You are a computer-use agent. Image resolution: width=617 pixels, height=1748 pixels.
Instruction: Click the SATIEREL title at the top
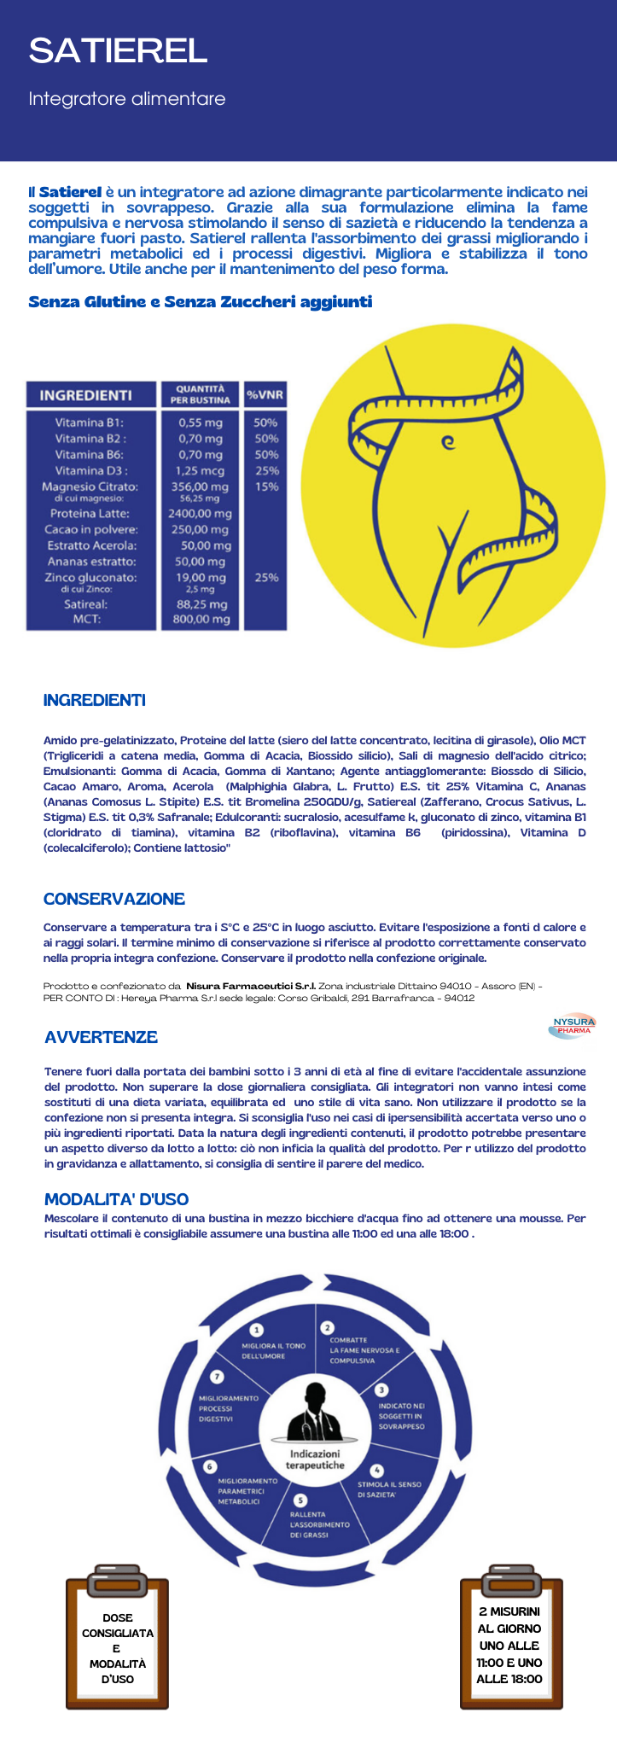tap(118, 51)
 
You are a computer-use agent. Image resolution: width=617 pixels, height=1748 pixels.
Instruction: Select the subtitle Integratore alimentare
tap(126, 100)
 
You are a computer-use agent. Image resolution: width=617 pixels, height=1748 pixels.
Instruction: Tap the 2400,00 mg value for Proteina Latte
tap(201, 514)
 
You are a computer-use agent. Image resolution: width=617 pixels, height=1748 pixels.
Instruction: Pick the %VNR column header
tap(265, 395)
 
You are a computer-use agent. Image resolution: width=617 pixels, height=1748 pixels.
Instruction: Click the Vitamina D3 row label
tap(91, 470)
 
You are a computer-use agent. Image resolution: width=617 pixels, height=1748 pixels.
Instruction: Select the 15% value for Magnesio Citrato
tap(266, 487)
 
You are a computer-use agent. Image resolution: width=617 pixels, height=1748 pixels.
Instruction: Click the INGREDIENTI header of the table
tap(85, 395)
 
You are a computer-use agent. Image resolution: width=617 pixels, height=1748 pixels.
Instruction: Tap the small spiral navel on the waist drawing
tap(446, 442)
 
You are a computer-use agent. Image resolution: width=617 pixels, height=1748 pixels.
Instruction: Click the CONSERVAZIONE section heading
tap(114, 899)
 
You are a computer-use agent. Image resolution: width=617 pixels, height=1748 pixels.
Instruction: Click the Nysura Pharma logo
tap(573, 1026)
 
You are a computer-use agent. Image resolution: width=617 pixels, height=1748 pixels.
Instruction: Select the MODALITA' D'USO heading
tap(116, 1199)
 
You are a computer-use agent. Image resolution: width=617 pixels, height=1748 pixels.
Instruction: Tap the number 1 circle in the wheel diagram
tap(256, 1329)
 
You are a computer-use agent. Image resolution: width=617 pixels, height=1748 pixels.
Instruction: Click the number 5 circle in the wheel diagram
tap(300, 1501)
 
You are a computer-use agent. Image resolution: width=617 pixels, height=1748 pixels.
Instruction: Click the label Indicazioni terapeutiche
tap(315, 1459)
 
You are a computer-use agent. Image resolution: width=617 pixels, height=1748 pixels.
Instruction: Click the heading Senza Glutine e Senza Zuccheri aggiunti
tap(200, 302)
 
